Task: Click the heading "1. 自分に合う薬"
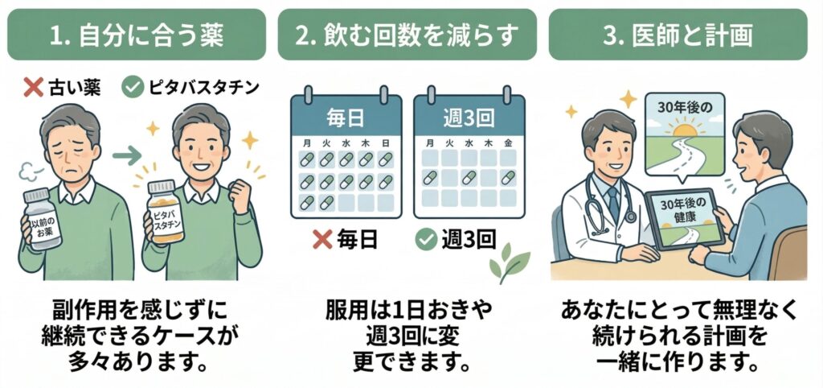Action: coord(137,35)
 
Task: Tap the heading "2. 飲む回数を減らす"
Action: coord(407,35)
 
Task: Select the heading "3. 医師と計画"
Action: coord(678,35)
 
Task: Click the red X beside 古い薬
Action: coord(34,88)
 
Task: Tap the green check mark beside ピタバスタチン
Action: coord(133,88)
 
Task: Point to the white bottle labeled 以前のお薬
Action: coord(43,219)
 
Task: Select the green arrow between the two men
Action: coord(127,155)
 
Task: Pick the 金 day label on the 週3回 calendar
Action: coord(508,142)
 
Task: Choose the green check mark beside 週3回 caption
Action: coord(426,240)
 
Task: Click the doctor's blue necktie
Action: coord(612,202)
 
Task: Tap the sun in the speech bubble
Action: coord(685,130)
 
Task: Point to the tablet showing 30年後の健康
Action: coord(685,220)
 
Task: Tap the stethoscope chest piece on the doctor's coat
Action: coord(630,216)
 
